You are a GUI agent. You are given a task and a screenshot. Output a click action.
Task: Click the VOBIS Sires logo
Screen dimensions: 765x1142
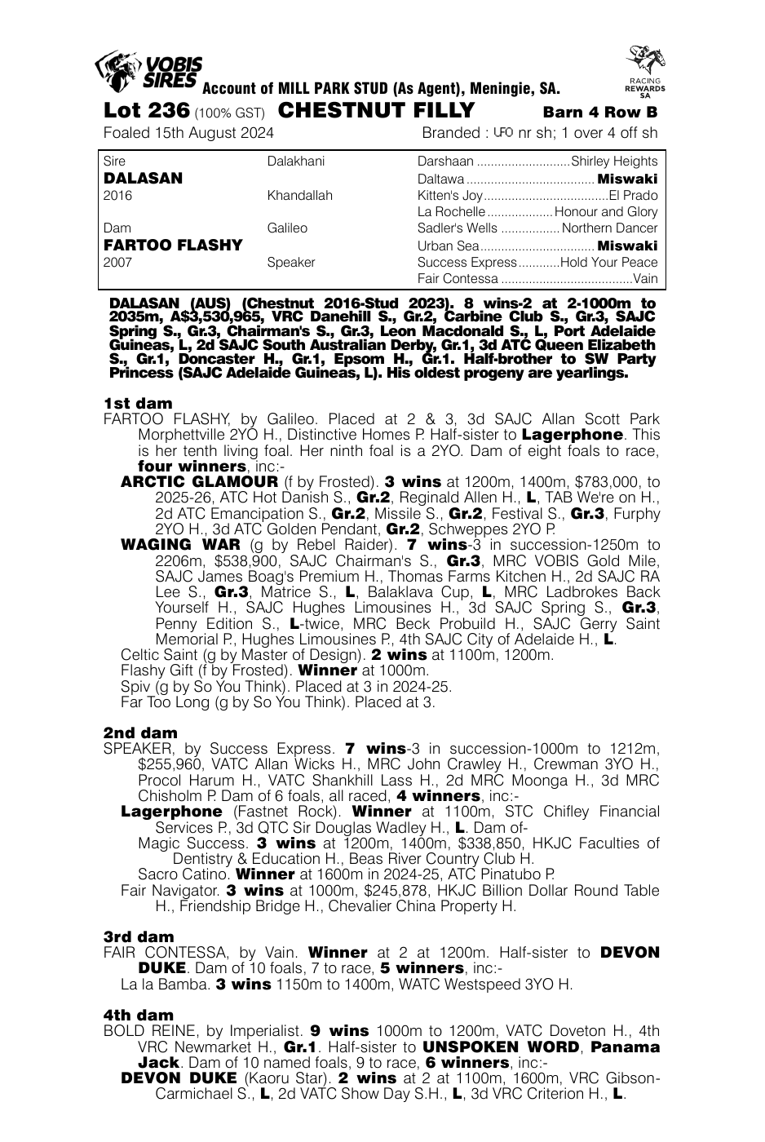pyautogui.click(x=148, y=70)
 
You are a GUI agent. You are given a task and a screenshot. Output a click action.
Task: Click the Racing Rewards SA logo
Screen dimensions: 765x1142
pyautogui.click(x=644, y=71)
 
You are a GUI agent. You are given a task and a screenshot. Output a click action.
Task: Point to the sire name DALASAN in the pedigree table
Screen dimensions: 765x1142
pyautogui.click(x=144, y=178)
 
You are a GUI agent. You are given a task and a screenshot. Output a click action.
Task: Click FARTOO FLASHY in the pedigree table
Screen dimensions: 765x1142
pyautogui.click(x=173, y=245)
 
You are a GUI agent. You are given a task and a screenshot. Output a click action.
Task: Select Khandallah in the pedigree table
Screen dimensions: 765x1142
pyautogui.click(x=299, y=196)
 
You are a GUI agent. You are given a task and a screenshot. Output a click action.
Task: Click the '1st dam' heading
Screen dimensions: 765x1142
pyautogui.click(x=138, y=403)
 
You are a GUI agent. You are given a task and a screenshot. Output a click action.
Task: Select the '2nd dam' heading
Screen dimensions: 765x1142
pyautogui.click(x=139, y=733)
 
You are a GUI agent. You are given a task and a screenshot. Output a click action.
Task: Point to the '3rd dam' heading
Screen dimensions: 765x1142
pyautogui.click(x=138, y=936)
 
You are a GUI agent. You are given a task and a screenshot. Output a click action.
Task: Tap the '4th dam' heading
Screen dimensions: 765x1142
pyautogui.click(x=138, y=1015)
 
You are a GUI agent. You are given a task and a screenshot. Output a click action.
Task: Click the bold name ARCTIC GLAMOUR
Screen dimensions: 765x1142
pyautogui.click(x=199, y=481)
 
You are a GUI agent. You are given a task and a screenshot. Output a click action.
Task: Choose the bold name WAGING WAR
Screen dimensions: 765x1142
pyautogui.click(x=180, y=544)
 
